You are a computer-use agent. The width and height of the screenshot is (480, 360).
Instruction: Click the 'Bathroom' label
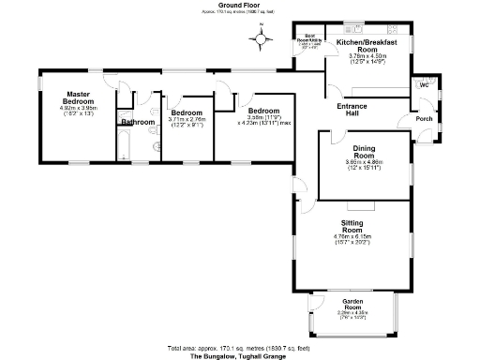(x=137, y=122)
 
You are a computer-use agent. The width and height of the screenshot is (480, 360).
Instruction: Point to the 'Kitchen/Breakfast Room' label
(x=367, y=45)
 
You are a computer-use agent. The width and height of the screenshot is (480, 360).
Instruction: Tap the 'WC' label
(x=423, y=84)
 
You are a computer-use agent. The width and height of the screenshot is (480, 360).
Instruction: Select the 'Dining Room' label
(x=364, y=152)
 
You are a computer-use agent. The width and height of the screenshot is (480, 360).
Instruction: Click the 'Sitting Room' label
(x=352, y=226)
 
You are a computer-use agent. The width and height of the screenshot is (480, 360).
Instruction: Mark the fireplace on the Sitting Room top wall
(x=367, y=202)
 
